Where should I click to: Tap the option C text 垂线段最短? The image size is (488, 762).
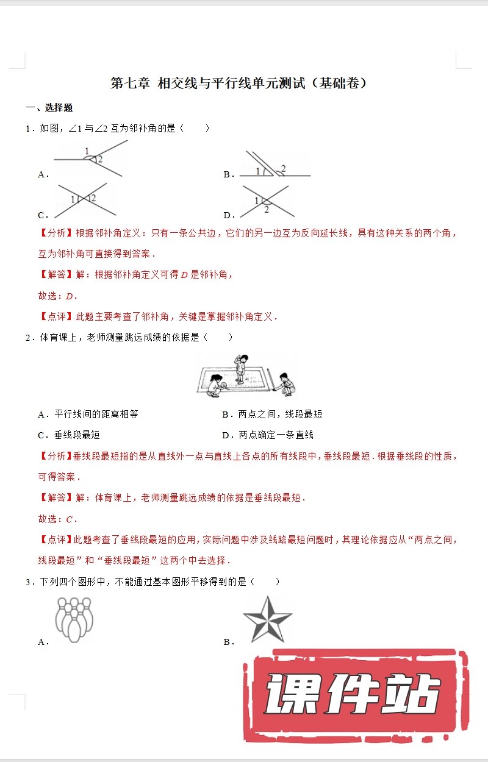coord(77,435)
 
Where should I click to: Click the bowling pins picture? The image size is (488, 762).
coord(74,619)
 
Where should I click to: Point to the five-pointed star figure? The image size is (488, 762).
coord(267,619)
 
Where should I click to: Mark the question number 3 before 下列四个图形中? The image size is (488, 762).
coord(28,582)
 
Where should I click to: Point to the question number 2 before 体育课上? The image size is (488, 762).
coord(28,337)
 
